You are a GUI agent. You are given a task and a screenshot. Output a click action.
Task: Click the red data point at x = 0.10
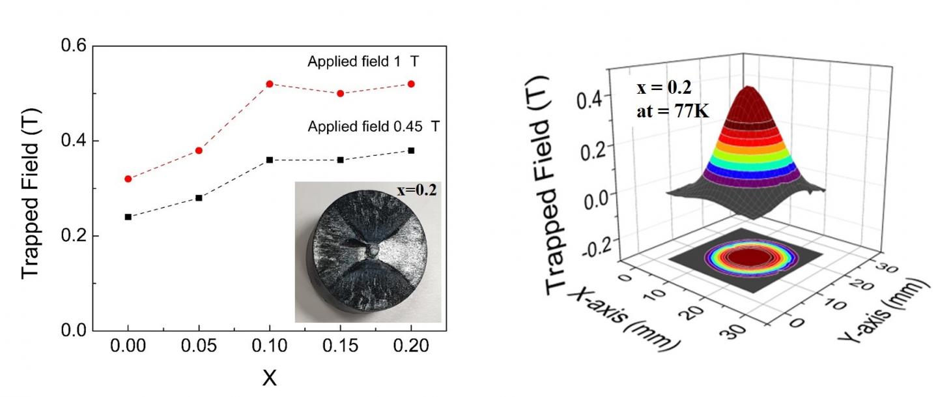pyautogui.click(x=269, y=84)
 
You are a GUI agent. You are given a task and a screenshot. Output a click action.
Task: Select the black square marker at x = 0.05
pyautogui.click(x=199, y=198)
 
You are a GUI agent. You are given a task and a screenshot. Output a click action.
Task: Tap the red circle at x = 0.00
pyautogui.click(x=128, y=179)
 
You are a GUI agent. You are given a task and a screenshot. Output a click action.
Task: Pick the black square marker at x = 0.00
pyautogui.click(x=128, y=216)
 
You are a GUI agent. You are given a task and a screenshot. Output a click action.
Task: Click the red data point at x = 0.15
pyautogui.click(x=340, y=93)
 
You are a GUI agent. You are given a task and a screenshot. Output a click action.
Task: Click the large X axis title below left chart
pyautogui.click(x=269, y=377)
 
